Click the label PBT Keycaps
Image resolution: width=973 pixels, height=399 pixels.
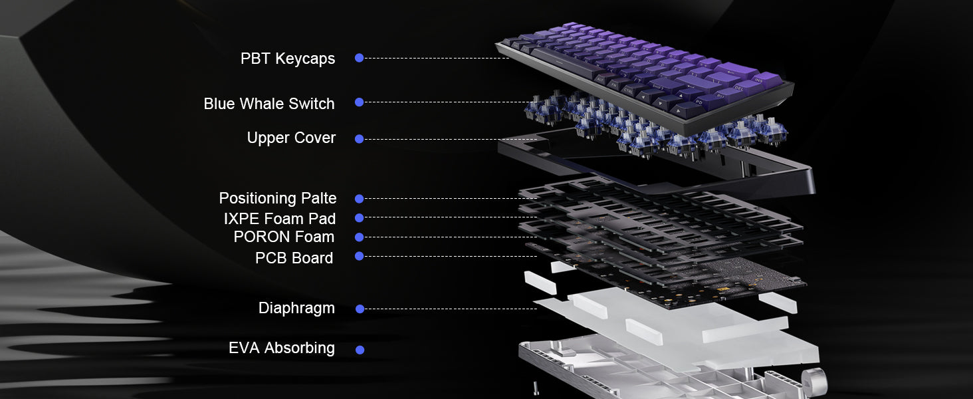click(x=288, y=59)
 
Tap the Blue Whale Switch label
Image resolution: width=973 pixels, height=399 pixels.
click(x=269, y=104)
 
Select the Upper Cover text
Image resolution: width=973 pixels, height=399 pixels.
click(x=291, y=138)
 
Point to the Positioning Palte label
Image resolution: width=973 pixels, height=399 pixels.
click(x=278, y=198)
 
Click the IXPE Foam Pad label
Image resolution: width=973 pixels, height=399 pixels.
click(x=279, y=219)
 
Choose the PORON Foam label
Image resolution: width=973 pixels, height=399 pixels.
click(x=284, y=237)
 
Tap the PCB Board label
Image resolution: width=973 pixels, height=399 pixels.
click(x=294, y=258)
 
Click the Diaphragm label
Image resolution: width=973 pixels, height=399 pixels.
click(x=296, y=309)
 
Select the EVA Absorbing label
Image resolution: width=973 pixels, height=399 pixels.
click(x=282, y=348)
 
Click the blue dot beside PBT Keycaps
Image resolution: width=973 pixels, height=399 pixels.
click(x=360, y=58)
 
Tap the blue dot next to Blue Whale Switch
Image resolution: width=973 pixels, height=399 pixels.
click(x=360, y=102)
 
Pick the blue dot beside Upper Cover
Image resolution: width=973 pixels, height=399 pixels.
click(x=360, y=139)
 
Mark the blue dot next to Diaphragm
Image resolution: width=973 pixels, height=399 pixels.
click(x=360, y=309)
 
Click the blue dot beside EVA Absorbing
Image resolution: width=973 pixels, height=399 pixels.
click(x=360, y=350)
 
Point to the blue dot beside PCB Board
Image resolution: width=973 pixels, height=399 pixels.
click(x=360, y=256)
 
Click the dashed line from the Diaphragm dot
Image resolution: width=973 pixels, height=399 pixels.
click(x=451, y=309)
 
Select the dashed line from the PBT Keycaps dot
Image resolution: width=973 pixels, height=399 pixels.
click(x=437, y=58)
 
